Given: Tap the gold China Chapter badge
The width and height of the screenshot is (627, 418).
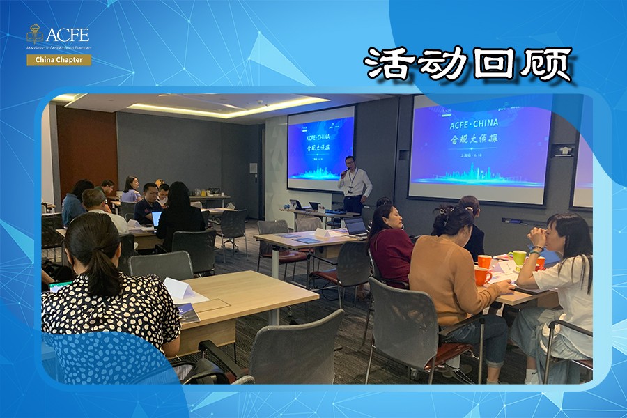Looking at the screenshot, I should (x=59, y=60).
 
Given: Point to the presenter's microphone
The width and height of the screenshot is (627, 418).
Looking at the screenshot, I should (x=344, y=171).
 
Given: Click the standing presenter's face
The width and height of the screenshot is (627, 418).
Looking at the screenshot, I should (x=350, y=163).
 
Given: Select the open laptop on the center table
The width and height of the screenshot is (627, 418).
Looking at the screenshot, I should (x=355, y=226).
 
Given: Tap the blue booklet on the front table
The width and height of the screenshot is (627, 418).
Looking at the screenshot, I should (x=187, y=313).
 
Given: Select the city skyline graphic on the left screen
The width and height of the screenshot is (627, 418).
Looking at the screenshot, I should (x=320, y=171).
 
